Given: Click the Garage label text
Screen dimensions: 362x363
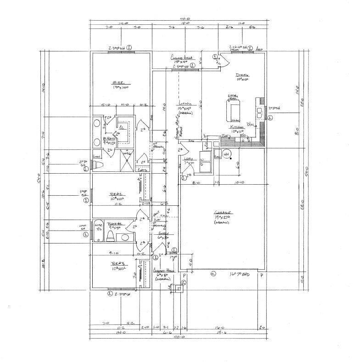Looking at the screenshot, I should point(222,213).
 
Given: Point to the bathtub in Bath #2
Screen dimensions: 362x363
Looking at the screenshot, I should point(98,232).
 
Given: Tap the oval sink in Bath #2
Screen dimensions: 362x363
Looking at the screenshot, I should point(125,238).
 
